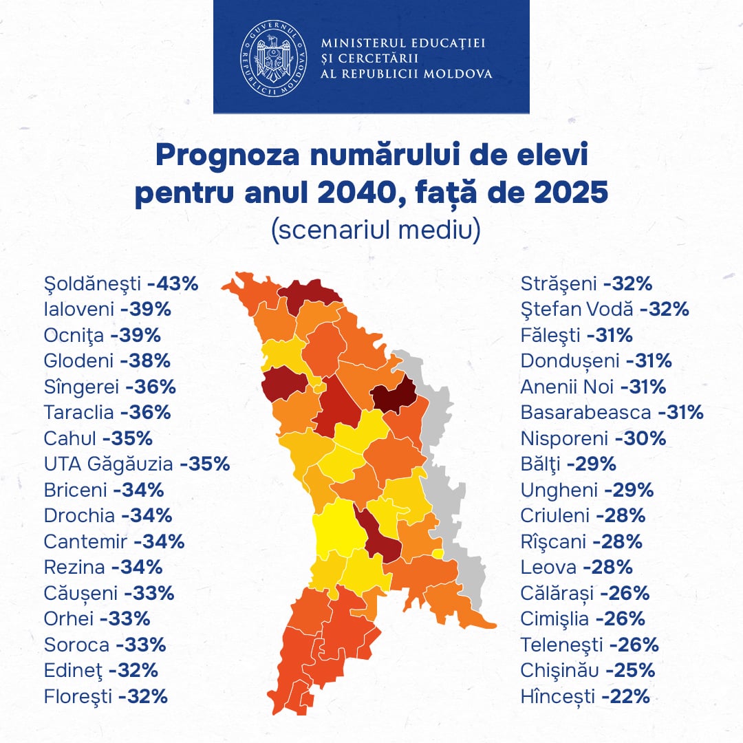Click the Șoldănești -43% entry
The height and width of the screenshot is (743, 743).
(121, 283)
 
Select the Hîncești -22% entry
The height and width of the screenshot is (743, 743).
(585, 696)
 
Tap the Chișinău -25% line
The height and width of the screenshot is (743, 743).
(588, 670)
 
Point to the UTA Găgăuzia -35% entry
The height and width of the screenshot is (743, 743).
(136, 464)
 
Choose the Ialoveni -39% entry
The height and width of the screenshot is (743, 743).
(107, 310)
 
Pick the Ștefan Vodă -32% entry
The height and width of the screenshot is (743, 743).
(605, 310)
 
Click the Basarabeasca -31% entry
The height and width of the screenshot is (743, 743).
(612, 413)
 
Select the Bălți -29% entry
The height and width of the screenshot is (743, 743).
(568, 464)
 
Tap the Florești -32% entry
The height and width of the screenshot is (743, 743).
(106, 696)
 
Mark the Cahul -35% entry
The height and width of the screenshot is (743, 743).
(98, 438)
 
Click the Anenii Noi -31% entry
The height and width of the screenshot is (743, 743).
(593, 387)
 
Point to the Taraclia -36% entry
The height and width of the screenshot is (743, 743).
(107, 413)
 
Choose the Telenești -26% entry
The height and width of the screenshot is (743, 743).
(590, 645)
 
